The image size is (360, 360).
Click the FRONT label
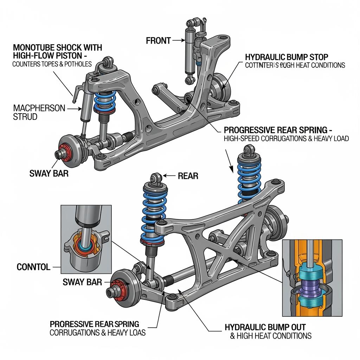tap(158, 40)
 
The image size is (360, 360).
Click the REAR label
tap(188, 176)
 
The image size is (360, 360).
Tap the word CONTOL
tap(33, 267)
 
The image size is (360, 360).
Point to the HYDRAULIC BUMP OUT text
tap(265, 327)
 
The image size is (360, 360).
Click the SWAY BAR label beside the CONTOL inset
tap(82, 282)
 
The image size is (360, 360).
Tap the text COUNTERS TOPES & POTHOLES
tap(52, 64)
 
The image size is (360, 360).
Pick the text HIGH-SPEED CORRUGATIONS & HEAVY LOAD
tap(286, 139)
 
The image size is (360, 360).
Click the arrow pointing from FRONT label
tap(179, 40)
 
